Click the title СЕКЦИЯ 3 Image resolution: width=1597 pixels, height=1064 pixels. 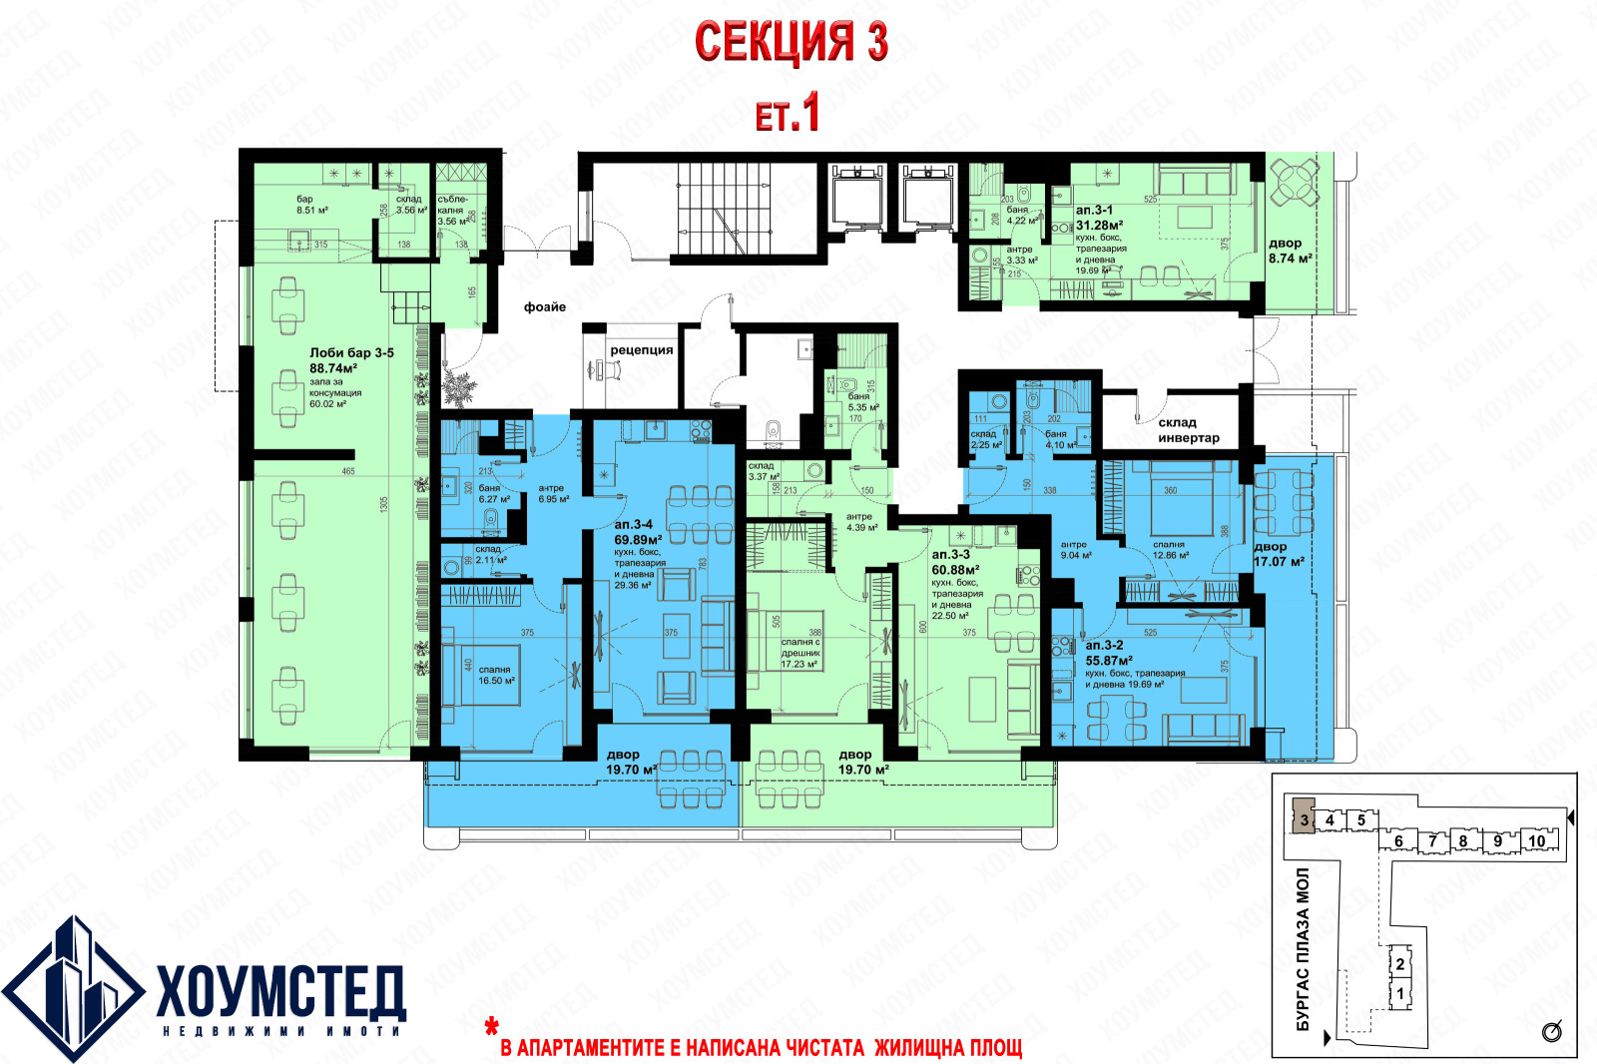[x=791, y=43]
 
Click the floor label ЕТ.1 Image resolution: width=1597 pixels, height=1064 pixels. [x=788, y=113]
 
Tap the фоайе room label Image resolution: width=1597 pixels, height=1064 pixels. [x=545, y=307]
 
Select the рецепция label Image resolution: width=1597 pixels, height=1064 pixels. [x=641, y=350]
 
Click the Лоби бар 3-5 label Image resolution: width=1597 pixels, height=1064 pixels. [x=351, y=353]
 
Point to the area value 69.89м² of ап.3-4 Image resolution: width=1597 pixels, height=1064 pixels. [x=638, y=539]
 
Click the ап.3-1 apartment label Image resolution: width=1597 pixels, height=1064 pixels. [x=1094, y=211]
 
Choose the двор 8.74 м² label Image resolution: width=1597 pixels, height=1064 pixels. [x=1290, y=251]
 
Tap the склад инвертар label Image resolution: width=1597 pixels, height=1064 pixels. [x=1188, y=430]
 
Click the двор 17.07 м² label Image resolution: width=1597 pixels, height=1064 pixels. [x=1279, y=555]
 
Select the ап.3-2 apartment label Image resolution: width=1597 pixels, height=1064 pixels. [x=1104, y=646]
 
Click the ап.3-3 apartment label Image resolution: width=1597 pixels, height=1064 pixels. [x=950, y=555]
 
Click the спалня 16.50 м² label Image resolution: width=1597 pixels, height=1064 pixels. [x=496, y=675]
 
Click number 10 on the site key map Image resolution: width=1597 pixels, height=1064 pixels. [x=1537, y=841]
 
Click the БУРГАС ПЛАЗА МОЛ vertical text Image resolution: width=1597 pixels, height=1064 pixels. [x=1303, y=948]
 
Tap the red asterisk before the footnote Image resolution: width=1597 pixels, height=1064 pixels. [x=491, y=1026]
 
